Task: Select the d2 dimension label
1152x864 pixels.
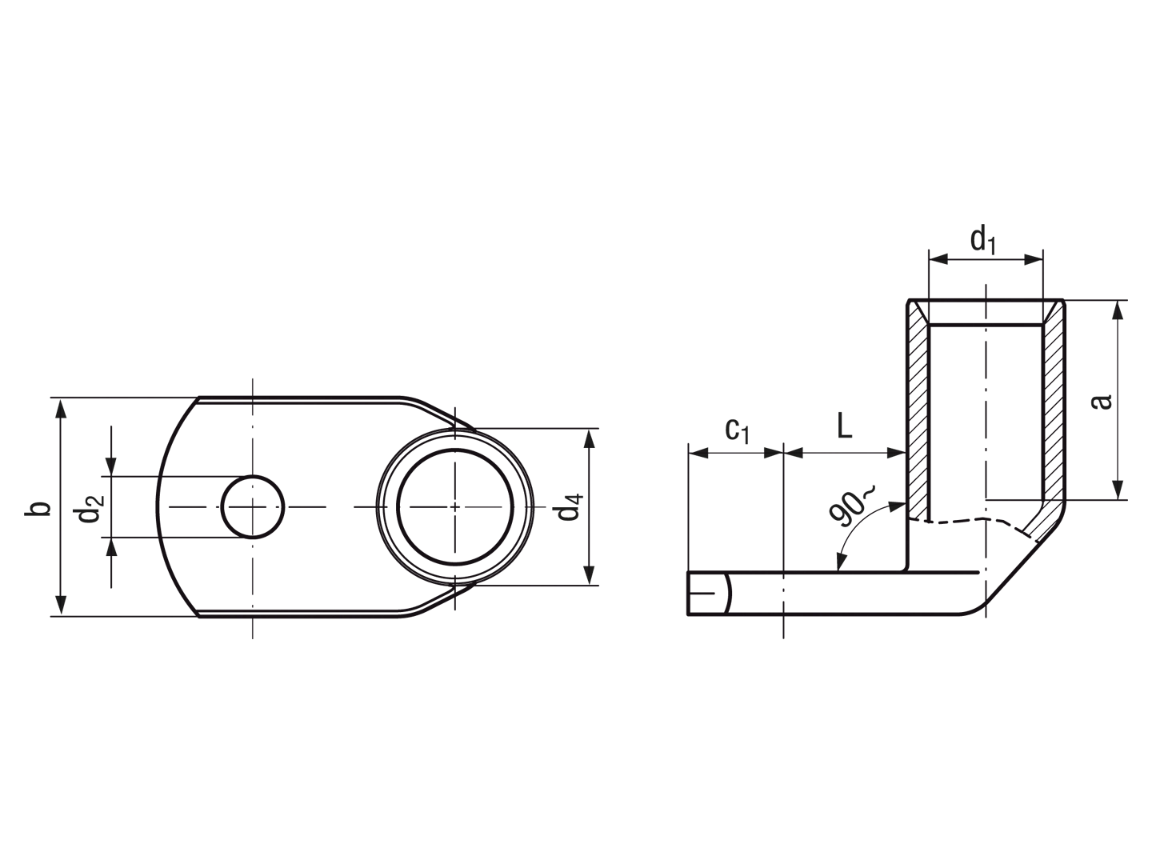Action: [90, 509]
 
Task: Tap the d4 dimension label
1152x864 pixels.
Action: [570, 506]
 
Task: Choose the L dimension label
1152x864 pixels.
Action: [845, 426]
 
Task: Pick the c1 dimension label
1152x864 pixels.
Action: [738, 430]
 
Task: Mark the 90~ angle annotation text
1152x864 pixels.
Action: [851, 506]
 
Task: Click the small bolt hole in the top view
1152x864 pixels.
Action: [253, 506]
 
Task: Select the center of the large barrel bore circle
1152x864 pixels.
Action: [455, 506]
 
